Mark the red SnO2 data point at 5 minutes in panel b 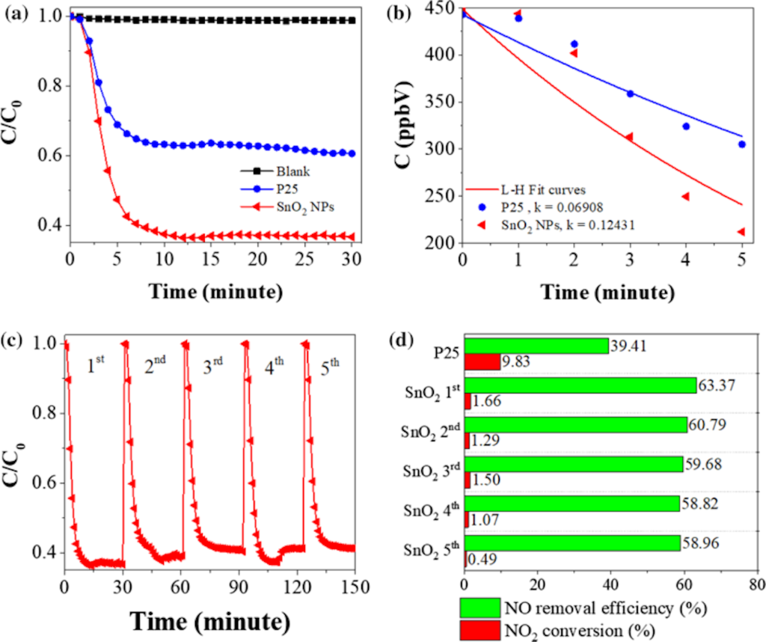point(741,232)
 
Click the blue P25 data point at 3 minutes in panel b point(630,94)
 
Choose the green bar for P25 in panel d point(536,346)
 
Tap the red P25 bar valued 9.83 point(482,362)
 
